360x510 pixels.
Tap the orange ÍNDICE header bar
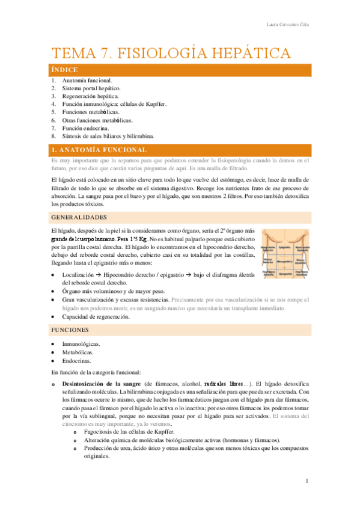pyautogui.click(x=180, y=70)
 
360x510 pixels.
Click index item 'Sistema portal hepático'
pyautogui.click(x=92, y=88)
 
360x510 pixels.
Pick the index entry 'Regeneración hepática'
pyautogui.click(x=90, y=96)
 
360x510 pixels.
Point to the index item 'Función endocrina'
pyautogui.click(x=85, y=128)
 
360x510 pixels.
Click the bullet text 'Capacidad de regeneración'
pyautogui.click(x=95, y=316)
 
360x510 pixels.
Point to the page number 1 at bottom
pyautogui.click(x=307, y=481)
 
